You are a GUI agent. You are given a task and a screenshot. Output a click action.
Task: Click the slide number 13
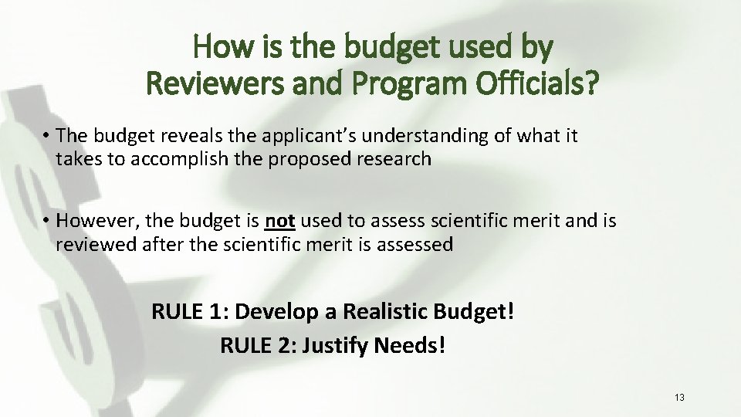point(679,398)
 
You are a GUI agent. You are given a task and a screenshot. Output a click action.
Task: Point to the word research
point(394,160)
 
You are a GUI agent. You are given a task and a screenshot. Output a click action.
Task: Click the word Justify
point(335,344)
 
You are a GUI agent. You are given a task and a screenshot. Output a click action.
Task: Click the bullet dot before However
point(47,222)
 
